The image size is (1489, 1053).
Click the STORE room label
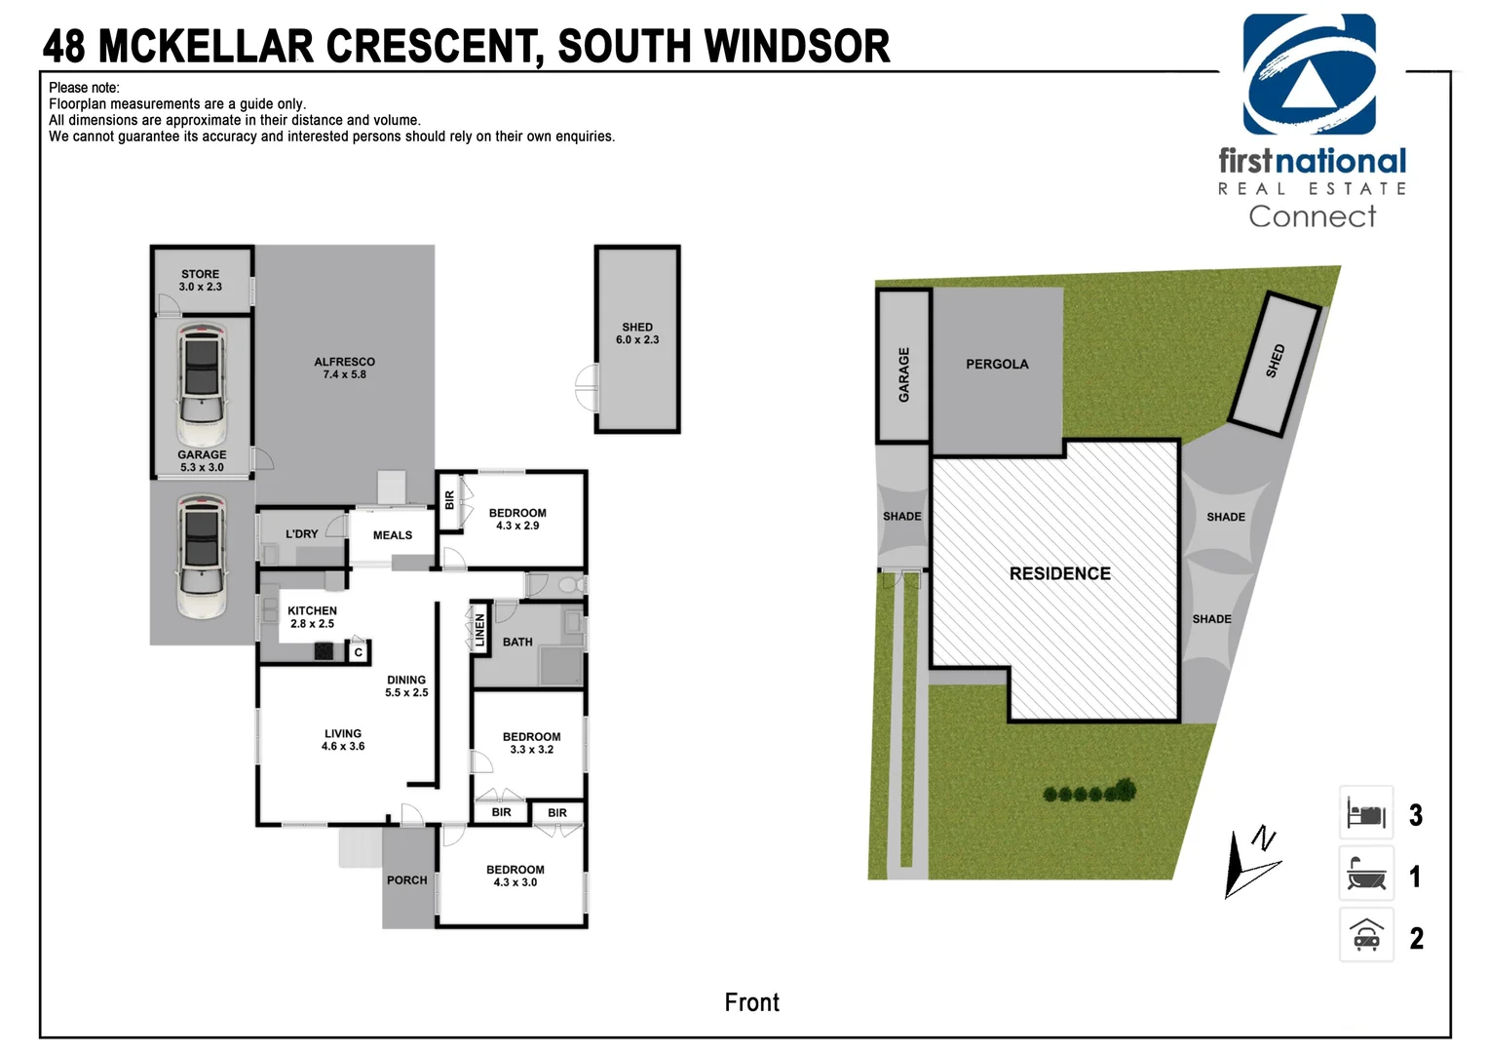(x=200, y=280)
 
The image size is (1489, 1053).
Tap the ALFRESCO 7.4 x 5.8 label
(x=344, y=368)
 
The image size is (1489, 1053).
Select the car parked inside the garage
(x=202, y=385)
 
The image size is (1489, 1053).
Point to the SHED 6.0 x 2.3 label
(x=637, y=333)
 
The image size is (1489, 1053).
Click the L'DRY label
(x=301, y=534)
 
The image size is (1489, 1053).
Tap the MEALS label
(x=393, y=535)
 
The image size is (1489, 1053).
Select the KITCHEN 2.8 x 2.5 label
(x=312, y=617)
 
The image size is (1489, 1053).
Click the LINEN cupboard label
(x=479, y=631)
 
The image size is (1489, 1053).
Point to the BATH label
(x=517, y=643)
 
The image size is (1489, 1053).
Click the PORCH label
(x=406, y=880)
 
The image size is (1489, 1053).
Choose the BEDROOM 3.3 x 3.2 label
(x=531, y=743)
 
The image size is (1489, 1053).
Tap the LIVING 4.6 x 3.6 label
(x=343, y=740)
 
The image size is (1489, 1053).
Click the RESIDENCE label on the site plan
(x=1059, y=574)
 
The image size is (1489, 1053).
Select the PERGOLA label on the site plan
(x=997, y=365)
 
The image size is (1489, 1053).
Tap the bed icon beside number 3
(x=1366, y=813)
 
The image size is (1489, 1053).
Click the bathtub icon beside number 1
(x=1366, y=875)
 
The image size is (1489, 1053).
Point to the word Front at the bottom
(x=751, y=1002)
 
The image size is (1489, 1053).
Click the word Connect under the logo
(x=1312, y=216)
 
